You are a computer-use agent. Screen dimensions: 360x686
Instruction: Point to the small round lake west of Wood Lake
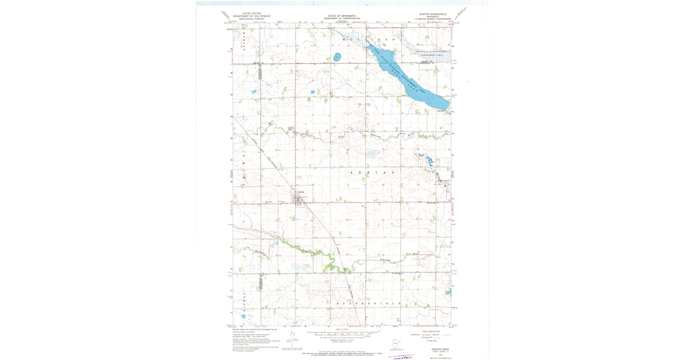(337, 57)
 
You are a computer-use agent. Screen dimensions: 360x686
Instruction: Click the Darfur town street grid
(297, 199)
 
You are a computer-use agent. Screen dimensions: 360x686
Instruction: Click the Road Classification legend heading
(432, 330)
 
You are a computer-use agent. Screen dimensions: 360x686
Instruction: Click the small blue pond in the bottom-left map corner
(243, 316)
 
